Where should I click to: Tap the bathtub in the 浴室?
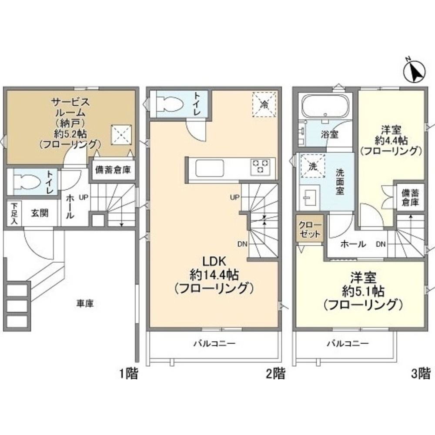[x=325, y=107]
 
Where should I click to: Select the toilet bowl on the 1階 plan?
[x=27, y=182]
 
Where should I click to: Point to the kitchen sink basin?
[x=210, y=168]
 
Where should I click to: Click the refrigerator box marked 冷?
[x=264, y=105]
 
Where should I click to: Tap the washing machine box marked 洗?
[x=313, y=166]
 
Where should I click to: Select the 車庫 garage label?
[x=85, y=303]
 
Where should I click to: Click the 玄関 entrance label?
[x=40, y=213]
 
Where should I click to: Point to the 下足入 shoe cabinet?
[x=14, y=214]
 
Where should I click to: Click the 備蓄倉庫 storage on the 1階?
[x=113, y=170]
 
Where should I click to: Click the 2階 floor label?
[x=275, y=374]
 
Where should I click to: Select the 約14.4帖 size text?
[x=214, y=275]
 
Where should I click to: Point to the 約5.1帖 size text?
[x=363, y=291]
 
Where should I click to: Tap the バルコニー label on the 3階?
[x=348, y=344]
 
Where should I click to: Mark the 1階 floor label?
[x=128, y=374]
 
